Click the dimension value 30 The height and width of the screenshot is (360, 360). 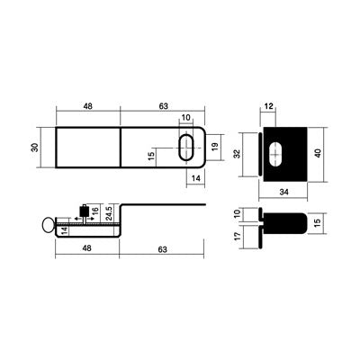[x=35, y=147]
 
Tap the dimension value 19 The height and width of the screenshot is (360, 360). [x=215, y=147]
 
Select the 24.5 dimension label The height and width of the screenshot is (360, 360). [x=109, y=213]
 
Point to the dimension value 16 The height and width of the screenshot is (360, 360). [x=95, y=211]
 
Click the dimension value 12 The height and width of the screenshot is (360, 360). [x=269, y=106]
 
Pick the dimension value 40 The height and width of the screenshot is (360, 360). [x=318, y=153]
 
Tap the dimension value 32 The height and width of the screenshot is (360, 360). [x=237, y=154]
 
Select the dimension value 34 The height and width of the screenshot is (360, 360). [x=283, y=192]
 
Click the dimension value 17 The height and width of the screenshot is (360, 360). [x=238, y=236]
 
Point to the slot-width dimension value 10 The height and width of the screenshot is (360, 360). [x=186, y=117]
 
